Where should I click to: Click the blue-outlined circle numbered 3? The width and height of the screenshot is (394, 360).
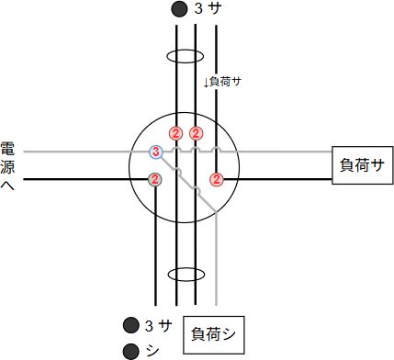click(156, 152)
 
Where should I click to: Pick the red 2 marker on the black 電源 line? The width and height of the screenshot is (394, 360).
click(155, 178)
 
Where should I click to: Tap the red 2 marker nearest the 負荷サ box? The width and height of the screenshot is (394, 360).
click(217, 178)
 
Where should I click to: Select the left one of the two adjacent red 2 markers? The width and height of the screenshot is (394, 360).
click(175, 133)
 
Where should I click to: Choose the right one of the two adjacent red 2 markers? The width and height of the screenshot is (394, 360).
click(197, 133)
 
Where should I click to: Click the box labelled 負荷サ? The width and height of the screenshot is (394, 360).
click(361, 166)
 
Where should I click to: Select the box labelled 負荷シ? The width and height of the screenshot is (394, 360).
click(212, 334)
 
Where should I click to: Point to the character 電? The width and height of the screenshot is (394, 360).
click(7, 149)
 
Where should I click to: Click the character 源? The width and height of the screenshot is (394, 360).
click(7, 167)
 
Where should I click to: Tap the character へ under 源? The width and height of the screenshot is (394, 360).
click(7, 186)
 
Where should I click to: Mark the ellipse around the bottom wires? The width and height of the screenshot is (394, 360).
click(186, 275)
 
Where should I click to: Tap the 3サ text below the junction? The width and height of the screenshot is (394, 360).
click(159, 325)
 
